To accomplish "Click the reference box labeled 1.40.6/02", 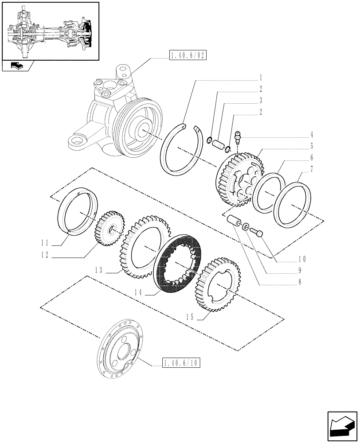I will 188,55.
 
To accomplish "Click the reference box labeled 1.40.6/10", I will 182,363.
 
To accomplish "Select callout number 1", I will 261,76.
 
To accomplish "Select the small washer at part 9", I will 245,227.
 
